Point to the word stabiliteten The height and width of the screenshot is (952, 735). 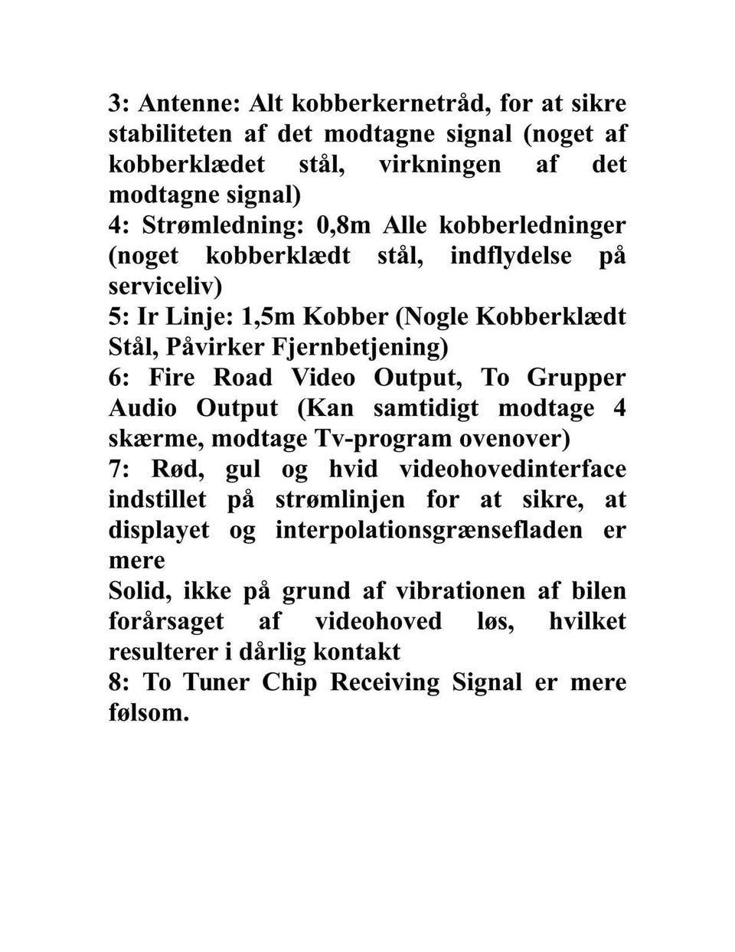pos(170,133)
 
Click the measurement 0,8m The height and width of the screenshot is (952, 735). pos(343,225)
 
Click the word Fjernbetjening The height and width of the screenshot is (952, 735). pos(359,347)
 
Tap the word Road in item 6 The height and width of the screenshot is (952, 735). pos(242,378)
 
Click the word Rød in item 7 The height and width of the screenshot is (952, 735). pos(163,469)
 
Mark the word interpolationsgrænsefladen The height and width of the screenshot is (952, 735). pos(429,530)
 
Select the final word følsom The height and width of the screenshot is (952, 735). pos(148,713)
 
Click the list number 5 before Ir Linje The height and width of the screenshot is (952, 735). pos(116,316)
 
